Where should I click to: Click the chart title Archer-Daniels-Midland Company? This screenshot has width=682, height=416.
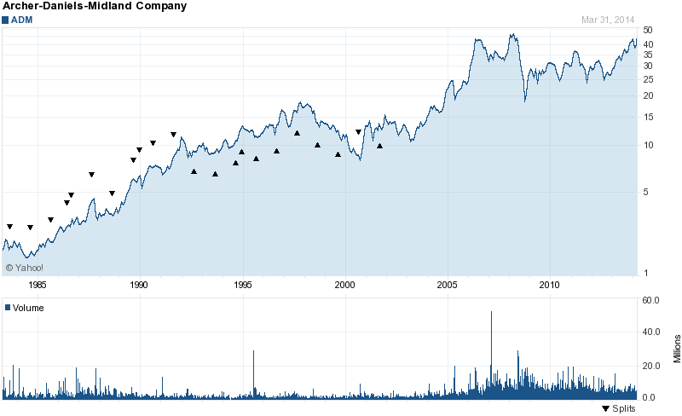[x=95, y=6]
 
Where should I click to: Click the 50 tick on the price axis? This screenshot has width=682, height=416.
[x=648, y=30]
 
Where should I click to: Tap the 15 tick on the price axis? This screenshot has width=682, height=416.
[x=648, y=117]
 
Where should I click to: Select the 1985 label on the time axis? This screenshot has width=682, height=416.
[x=38, y=284]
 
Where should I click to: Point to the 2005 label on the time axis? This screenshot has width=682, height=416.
[x=448, y=284]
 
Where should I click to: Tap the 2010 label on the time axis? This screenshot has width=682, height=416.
[x=550, y=284]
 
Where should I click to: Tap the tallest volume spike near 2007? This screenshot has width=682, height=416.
[x=491, y=314]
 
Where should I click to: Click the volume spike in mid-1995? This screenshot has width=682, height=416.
[x=253, y=352]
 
